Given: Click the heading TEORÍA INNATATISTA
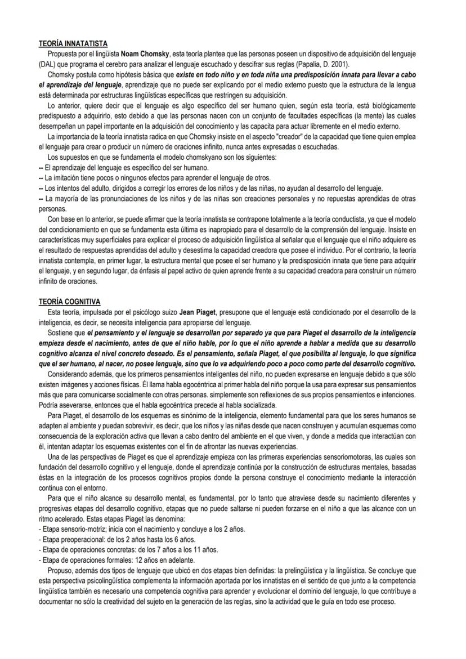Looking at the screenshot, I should tap(73, 43).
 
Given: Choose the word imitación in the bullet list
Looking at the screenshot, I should tap(64, 177).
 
